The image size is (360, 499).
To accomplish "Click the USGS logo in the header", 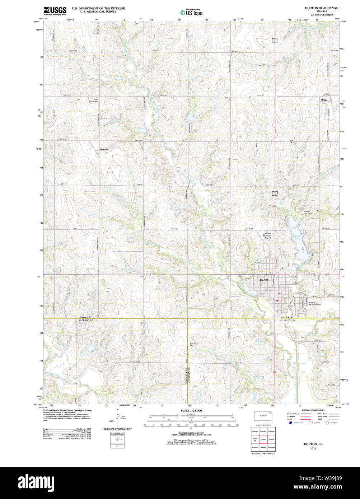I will point(55,10).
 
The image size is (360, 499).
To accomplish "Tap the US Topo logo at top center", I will point(191,12).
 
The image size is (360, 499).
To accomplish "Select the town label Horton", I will point(264,280).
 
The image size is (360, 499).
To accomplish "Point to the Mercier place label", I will point(104,149).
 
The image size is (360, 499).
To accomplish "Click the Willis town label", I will point(324,100).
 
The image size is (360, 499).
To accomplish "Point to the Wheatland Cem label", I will point(194,344).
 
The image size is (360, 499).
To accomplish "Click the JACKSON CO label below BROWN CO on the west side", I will point(86,320).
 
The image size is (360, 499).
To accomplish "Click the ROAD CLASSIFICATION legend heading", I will point(313,410).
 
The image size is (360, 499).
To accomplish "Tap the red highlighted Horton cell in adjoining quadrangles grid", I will point(263,439).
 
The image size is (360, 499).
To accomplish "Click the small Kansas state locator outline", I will point(263,416).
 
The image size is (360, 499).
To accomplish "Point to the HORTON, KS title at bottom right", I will point(313,444).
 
